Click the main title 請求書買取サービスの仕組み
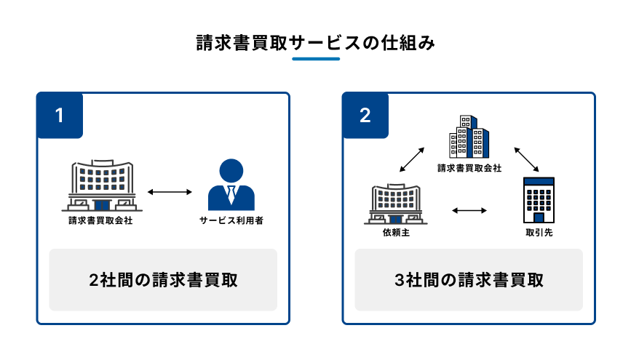pos(315,43)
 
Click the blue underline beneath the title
pos(315,59)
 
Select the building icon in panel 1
pos(103,185)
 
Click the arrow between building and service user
pos(169,193)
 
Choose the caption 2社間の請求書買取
pos(163,280)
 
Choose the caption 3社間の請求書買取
pos(469,280)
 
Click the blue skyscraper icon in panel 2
pos(469,137)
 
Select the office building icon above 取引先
pos(539,200)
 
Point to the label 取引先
pos(539,233)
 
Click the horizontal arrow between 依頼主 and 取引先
pos(469,211)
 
